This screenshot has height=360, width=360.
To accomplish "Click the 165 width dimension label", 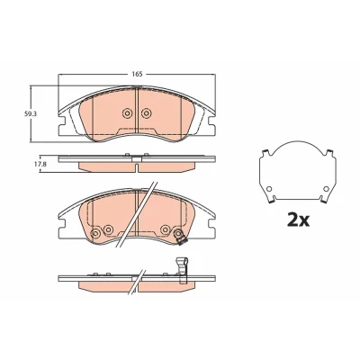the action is [137, 74].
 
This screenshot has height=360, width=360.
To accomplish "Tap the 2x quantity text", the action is [298, 220].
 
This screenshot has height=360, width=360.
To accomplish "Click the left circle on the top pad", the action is [127, 113].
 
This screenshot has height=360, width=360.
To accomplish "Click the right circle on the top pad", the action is [146, 113].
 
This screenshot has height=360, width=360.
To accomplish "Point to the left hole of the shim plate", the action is [269, 189].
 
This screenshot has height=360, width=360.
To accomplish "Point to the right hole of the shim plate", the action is [326, 189].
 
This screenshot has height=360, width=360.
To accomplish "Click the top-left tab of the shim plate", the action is [265, 153].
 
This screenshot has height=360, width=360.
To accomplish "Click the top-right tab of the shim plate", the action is [330, 153].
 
